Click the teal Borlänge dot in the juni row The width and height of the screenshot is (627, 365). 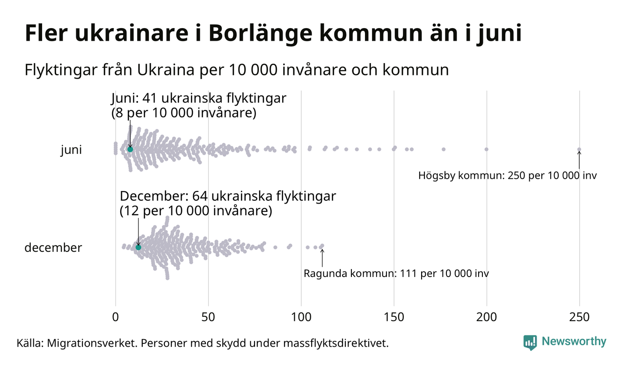[x=130, y=149]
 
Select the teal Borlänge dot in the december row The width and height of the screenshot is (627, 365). [x=138, y=247]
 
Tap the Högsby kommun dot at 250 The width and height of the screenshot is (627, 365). [x=579, y=150]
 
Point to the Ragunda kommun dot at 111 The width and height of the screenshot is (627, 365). [x=322, y=246]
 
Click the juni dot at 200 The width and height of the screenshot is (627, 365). [x=487, y=149]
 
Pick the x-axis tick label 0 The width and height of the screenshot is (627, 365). [x=116, y=317]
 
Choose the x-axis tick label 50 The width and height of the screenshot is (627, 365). [x=208, y=317]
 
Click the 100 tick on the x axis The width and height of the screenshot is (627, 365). [x=301, y=317]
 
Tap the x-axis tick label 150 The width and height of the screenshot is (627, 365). [x=394, y=317]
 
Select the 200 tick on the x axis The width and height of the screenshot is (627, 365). [x=487, y=317]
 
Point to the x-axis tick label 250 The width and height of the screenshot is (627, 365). [x=579, y=317]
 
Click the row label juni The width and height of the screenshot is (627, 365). [x=71, y=150]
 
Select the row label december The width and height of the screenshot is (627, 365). [x=53, y=248]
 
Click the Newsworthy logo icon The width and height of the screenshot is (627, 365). [x=530, y=343]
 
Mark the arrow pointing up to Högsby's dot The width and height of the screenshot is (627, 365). [x=579, y=160]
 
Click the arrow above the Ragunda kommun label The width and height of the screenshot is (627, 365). [x=322, y=257]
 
